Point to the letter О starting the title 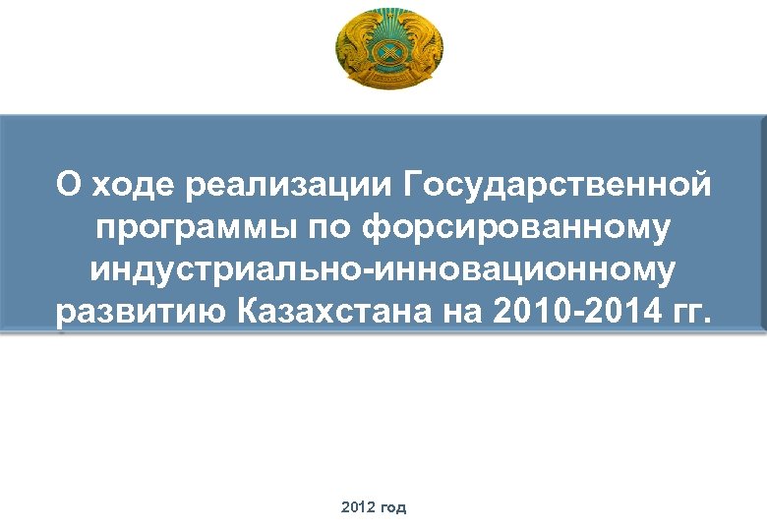point(68,184)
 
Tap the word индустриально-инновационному point(383,269)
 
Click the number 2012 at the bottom point(358,507)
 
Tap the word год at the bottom point(392,507)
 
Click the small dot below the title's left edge point(61,334)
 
